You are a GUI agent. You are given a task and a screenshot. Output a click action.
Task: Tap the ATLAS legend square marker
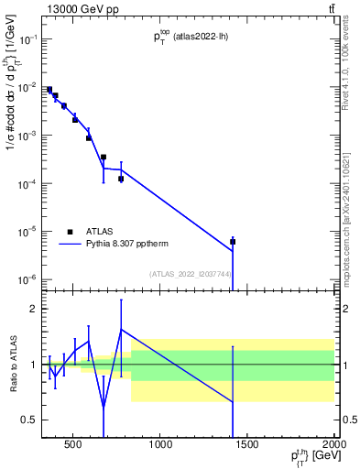tap(70, 232)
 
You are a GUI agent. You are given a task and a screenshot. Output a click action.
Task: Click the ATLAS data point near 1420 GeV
tap(233, 242)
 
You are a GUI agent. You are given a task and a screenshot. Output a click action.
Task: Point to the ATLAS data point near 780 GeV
tap(121, 179)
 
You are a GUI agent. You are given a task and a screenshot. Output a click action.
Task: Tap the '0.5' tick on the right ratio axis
tap(348, 420)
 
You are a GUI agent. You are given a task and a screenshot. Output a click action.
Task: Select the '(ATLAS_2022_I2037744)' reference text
tap(191, 274)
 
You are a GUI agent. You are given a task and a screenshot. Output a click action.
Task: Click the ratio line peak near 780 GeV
tap(121, 329)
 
